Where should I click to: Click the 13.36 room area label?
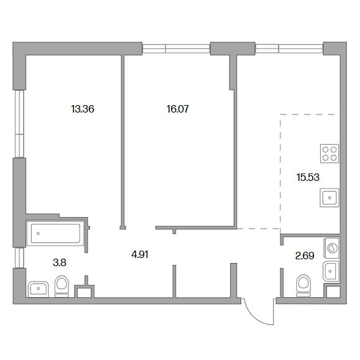coord(83,109)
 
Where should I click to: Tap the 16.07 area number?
coord(178,109)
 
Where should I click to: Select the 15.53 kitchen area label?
coord(308,177)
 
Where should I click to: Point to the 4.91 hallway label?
coord(140,255)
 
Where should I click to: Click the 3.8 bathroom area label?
coord(60,262)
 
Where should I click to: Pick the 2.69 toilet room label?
coord(305,256)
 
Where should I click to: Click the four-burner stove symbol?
coord(330,154)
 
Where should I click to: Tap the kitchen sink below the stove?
coord(330,198)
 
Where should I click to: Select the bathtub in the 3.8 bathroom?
coord(55,233)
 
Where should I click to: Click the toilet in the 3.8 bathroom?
coord(62,286)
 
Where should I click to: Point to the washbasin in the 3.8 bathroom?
coord(39,289)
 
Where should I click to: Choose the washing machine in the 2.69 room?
coord(331,248)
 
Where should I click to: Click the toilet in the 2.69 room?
coord(303,285)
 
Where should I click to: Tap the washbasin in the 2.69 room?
coord(331,271)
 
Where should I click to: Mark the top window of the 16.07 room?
coord(176,48)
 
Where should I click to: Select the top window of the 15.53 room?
coord(289,48)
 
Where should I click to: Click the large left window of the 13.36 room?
coord(19,124)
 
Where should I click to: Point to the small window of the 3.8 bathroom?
coord(19,258)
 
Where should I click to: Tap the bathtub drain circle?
coord(38,233)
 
